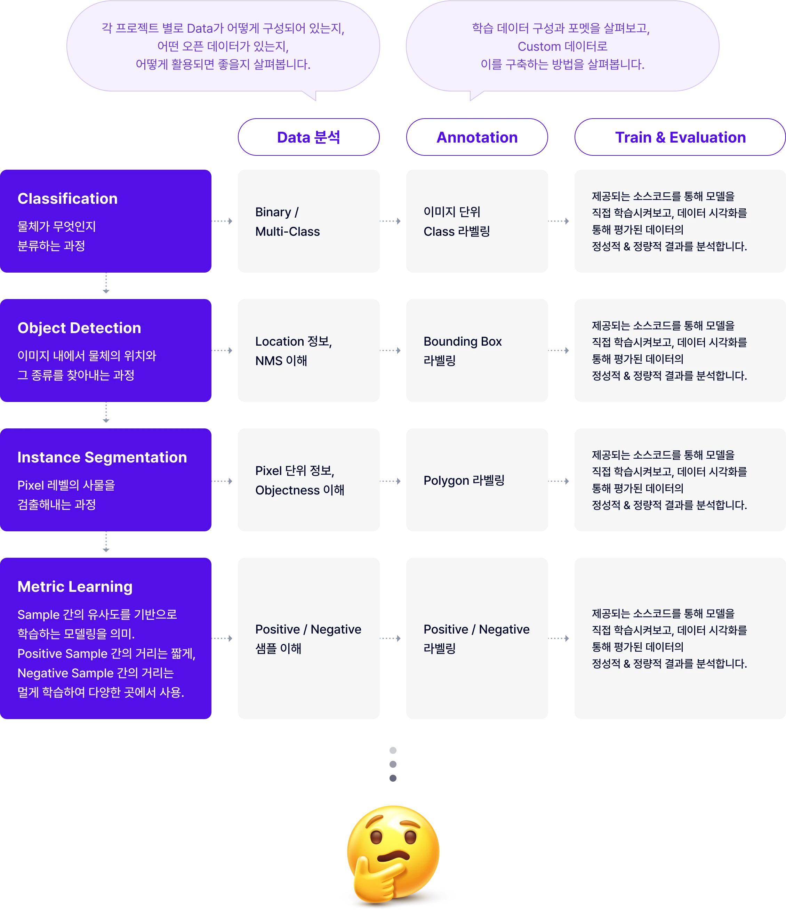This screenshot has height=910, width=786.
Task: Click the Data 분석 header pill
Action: [308, 137]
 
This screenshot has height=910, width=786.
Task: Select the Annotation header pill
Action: [477, 137]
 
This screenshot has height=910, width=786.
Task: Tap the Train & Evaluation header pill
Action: [680, 137]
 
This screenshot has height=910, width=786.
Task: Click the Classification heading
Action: [68, 199]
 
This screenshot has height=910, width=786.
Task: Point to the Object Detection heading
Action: [79, 328]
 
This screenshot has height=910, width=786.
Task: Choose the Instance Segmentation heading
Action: [102, 458]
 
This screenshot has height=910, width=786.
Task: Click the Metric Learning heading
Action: [75, 587]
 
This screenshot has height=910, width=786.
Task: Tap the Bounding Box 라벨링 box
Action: [477, 351]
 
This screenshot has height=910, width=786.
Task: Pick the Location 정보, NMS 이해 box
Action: [308, 351]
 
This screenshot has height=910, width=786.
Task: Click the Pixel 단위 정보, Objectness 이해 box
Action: [308, 480]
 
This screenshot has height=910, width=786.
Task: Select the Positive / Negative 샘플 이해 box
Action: [308, 638]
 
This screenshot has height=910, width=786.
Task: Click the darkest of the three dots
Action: [393, 778]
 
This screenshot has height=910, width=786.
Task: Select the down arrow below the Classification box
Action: [106, 283]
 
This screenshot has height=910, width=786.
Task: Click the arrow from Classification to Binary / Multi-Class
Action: [222, 221]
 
